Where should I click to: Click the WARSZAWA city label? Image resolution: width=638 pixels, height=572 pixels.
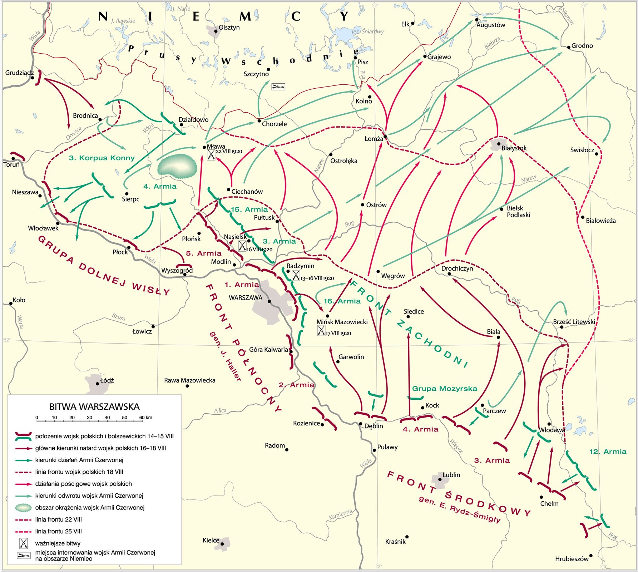click(245, 298)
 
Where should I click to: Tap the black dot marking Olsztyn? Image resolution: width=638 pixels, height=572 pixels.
click(216, 31)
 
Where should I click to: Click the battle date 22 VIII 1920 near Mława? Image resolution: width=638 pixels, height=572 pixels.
click(229, 152)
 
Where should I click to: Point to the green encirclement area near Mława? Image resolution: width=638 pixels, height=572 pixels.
click(177, 166)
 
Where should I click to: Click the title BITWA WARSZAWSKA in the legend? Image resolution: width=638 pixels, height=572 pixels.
click(94, 407)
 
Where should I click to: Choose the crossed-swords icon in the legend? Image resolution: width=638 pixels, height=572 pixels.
click(24, 543)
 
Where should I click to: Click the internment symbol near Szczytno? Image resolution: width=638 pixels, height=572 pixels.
click(278, 87)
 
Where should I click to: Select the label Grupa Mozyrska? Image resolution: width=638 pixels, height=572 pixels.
click(444, 389)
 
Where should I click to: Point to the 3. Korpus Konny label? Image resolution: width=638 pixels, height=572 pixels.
click(102, 158)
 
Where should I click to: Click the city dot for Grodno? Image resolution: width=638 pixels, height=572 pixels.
click(569, 47)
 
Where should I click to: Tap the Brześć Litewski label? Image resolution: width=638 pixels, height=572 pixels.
click(574, 322)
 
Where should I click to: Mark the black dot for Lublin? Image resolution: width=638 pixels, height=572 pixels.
click(440, 479)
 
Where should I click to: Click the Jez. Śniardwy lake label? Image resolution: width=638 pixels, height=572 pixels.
click(367, 31)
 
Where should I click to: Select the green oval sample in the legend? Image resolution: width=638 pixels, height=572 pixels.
click(24, 508)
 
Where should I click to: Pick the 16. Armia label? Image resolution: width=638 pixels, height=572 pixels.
click(342, 301)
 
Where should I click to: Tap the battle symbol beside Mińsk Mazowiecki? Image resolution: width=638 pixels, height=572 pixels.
click(321, 331)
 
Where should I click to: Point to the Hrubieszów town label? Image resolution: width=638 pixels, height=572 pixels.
click(572, 559)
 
